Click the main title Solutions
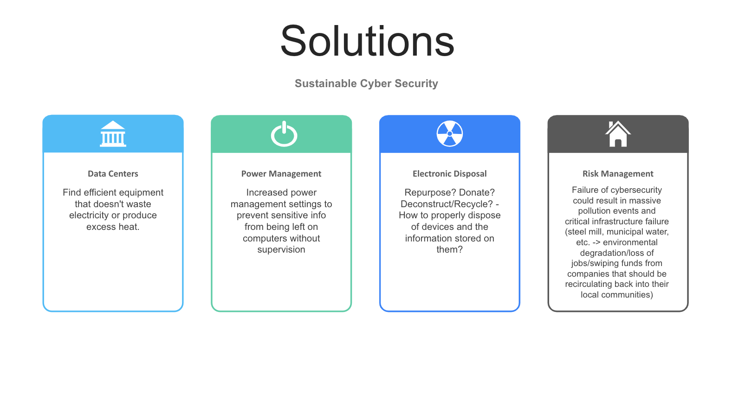[367, 42]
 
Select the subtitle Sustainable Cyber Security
[366, 83]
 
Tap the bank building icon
[113, 134]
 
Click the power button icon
[284, 134]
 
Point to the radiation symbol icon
[449, 133]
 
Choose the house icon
[618, 134]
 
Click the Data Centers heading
[113, 174]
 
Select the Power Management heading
[281, 174]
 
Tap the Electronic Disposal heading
[449, 174]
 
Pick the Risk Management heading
[618, 174]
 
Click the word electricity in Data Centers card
[88, 216]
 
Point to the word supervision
[281, 250]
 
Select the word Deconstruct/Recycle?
[447, 204]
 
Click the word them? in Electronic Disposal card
[449, 250]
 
